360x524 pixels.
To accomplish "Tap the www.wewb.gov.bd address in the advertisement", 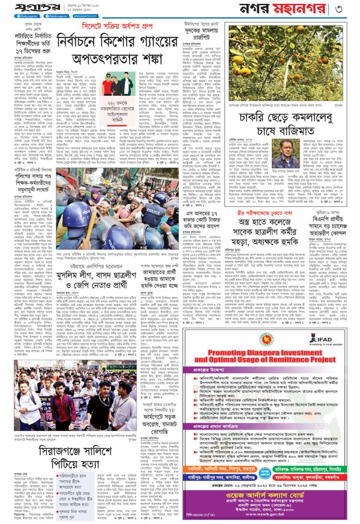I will tap(289, 516).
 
